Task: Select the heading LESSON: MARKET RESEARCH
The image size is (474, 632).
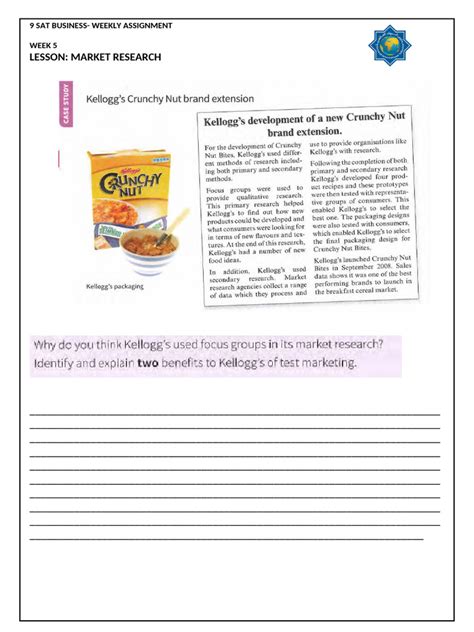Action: [x=95, y=58]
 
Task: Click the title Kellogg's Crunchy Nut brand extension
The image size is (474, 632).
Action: [x=169, y=100]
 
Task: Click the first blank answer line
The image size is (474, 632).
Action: [x=234, y=413]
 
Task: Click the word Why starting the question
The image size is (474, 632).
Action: [x=47, y=345]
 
